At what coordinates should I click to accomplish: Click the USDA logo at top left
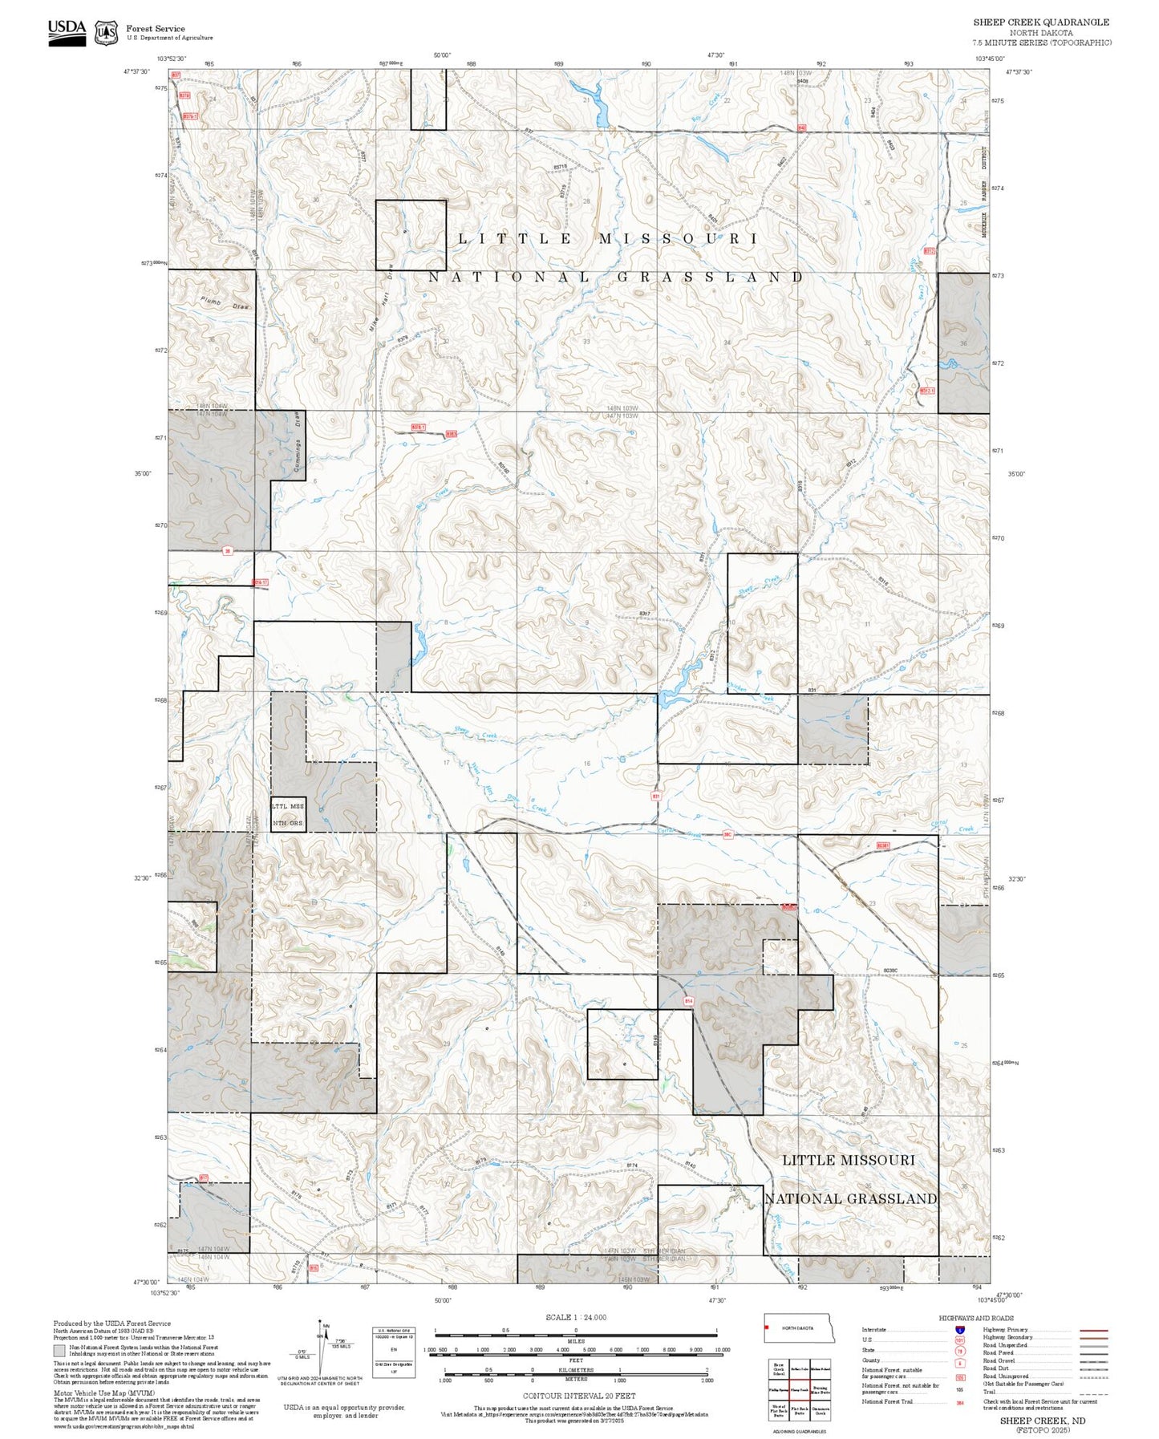(67, 32)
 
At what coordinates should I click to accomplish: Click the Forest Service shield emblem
(106, 33)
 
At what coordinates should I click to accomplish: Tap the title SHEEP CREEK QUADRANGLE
(1041, 22)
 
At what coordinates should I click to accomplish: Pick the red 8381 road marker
(883, 845)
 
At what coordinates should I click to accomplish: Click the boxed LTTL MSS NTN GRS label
(288, 815)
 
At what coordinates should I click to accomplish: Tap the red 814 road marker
(688, 1001)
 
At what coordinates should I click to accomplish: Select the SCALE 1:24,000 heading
(576, 1317)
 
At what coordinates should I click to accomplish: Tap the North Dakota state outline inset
(799, 1328)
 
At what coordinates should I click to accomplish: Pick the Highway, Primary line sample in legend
(1094, 1330)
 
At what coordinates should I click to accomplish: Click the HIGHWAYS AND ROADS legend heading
(976, 1318)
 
